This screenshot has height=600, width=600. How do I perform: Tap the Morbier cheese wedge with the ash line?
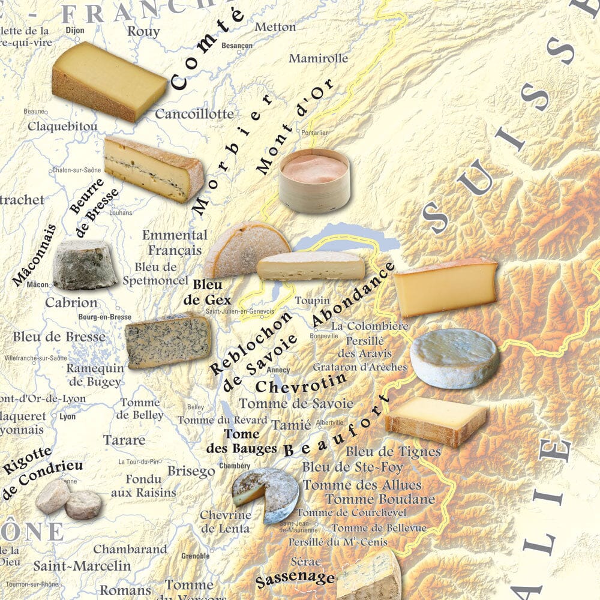(153, 168)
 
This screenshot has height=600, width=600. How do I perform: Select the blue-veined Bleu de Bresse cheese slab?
(168, 340)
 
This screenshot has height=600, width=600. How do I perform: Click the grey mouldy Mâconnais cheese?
(85, 265)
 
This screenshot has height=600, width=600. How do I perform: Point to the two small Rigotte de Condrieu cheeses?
(68, 500)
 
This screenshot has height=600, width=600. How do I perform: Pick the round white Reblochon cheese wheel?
(455, 358)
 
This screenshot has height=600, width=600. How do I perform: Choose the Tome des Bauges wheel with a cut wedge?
(266, 494)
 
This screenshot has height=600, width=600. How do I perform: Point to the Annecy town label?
(278, 370)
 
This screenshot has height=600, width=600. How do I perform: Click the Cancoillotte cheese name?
(194, 113)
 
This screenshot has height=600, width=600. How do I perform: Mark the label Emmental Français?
(175, 242)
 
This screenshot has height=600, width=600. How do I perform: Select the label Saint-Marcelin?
(82, 565)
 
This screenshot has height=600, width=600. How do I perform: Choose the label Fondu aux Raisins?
(144, 486)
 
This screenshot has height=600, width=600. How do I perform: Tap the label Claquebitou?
(62, 127)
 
